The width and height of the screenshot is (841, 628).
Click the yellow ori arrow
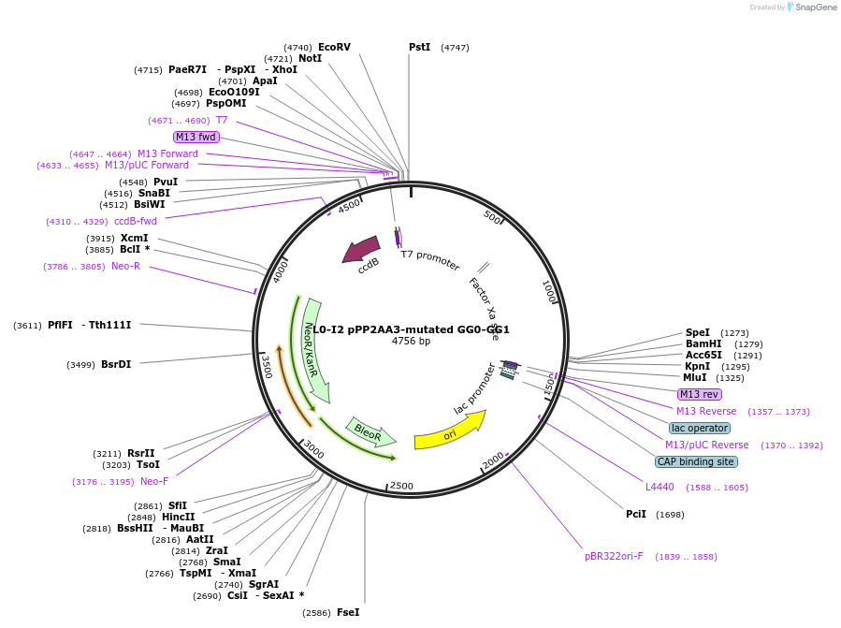click(x=450, y=430)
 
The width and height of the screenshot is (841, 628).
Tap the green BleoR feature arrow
click(x=370, y=431)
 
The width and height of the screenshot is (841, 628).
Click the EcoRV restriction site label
click(x=334, y=47)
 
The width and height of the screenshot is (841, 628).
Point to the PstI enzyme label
click(x=419, y=47)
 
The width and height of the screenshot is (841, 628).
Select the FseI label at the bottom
click(x=347, y=612)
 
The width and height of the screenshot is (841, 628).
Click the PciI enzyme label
click(x=636, y=514)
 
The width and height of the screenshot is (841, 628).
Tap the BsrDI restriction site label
click(x=116, y=364)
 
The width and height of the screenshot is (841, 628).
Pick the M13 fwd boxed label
click(x=196, y=137)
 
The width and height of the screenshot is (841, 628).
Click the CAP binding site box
click(x=696, y=461)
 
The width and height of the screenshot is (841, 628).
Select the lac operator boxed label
click(x=700, y=428)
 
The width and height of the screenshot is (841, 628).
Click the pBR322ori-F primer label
click(x=614, y=556)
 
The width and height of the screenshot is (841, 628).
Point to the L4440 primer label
click(x=660, y=487)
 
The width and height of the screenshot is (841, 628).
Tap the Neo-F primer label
click(x=154, y=481)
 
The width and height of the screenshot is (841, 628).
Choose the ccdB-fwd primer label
click(x=136, y=221)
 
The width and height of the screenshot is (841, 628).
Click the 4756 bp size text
click(x=411, y=342)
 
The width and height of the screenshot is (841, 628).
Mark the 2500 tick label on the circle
click(x=401, y=486)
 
